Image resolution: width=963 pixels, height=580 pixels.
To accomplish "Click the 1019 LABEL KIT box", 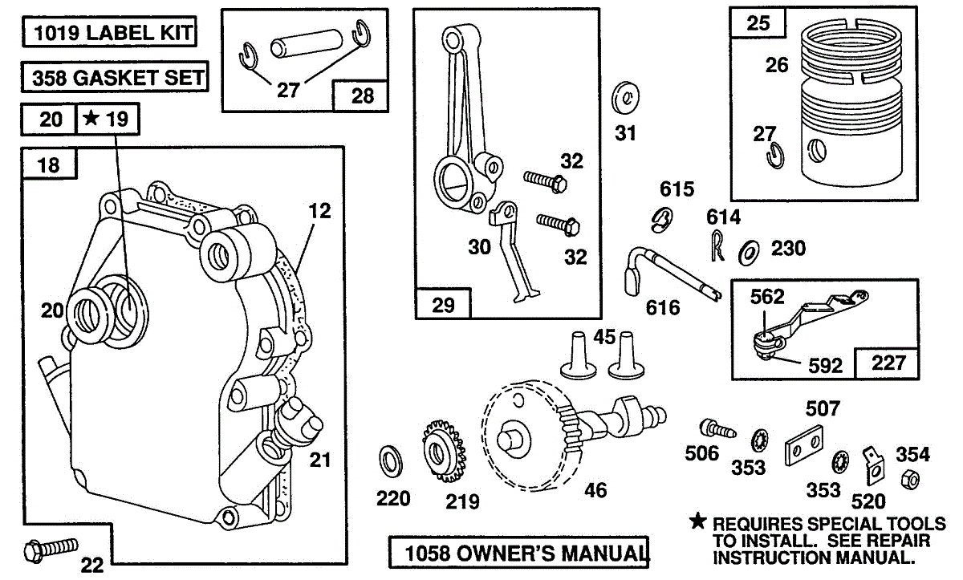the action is pyautogui.click(x=110, y=32).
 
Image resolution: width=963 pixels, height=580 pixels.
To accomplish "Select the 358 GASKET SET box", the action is pyautogui.click(x=115, y=77).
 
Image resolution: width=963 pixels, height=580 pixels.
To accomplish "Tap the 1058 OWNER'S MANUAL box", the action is pyautogui.click(x=519, y=553).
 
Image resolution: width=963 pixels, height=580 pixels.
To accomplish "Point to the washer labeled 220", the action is pyautogui.click(x=391, y=461).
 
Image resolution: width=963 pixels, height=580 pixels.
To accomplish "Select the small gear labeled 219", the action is pyautogui.click(x=445, y=451).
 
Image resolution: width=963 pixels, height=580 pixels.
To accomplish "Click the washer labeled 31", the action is pyautogui.click(x=625, y=98).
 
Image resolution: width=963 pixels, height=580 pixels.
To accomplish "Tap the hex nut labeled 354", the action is pyautogui.click(x=910, y=479).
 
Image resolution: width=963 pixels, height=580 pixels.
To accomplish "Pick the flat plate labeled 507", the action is pyautogui.click(x=804, y=446).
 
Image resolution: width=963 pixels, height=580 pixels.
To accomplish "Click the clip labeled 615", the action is pyautogui.click(x=661, y=220).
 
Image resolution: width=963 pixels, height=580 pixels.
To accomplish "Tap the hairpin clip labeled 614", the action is pyautogui.click(x=717, y=245).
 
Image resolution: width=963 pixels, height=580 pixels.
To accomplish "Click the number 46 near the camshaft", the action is pyautogui.click(x=595, y=490).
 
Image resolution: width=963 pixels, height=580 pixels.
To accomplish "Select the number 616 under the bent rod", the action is pyautogui.click(x=663, y=307).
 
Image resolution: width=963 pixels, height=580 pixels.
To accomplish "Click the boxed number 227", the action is pyautogui.click(x=888, y=363).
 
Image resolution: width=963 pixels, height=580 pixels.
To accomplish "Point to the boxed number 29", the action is pyautogui.click(x=443, y=305).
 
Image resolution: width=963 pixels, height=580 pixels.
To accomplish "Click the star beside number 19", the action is pyautogui.click(x=91, y=117).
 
